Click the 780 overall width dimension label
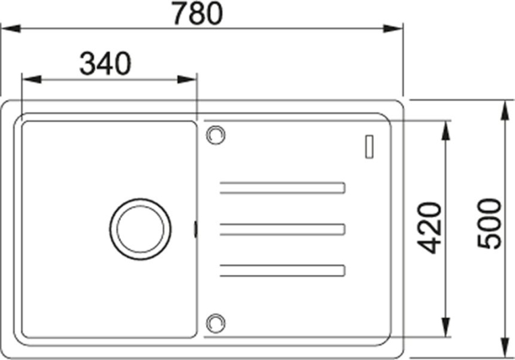pos(198,13)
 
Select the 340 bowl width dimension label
pos(105,63)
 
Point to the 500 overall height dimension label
pos(489,224)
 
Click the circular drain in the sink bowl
pos(141,229)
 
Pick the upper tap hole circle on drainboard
pos(216,135)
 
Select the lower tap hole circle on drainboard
pos(216,323)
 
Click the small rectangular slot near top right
pos(370,147)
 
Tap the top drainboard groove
pos(282,187)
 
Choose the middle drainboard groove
pos(282,229)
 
